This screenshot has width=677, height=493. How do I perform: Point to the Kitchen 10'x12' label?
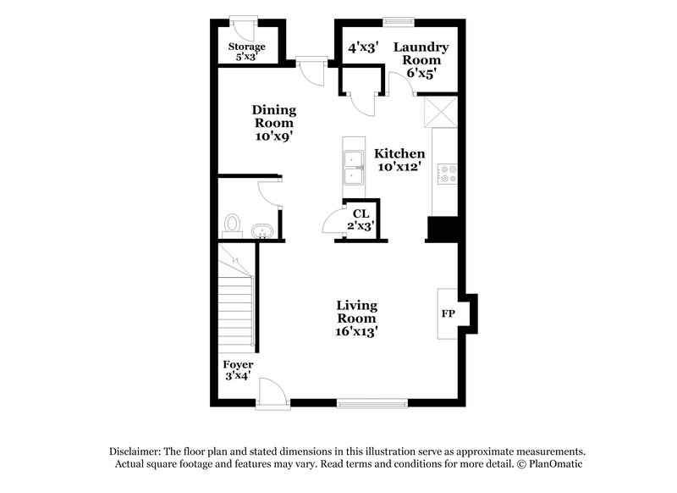(399, 160)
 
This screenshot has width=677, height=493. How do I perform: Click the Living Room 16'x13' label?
(356, 318)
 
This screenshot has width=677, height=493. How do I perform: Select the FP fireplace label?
(448, 313)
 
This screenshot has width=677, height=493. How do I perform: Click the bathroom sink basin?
(261, 231)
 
